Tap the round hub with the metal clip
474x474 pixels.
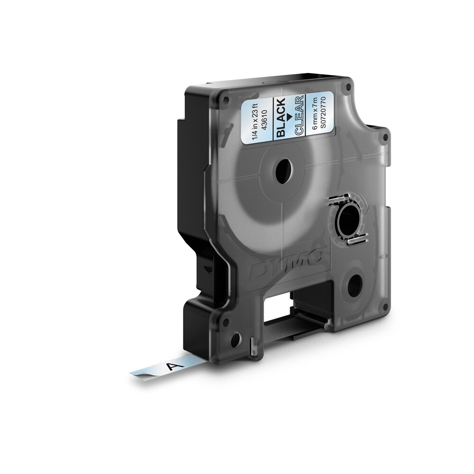point(349,221)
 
